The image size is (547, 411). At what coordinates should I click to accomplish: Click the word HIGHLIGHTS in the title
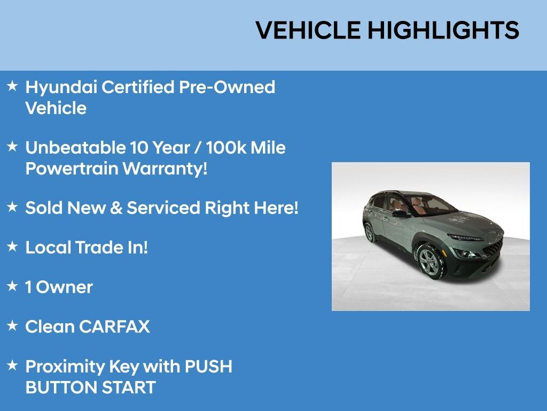coord(443,30)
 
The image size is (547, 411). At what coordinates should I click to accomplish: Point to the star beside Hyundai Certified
coord(12,86)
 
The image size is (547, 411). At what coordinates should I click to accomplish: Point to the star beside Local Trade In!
coord(12,246)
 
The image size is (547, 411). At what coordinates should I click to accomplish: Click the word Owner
coord(65,287)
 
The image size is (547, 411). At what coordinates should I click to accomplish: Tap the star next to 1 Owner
coord(12,286)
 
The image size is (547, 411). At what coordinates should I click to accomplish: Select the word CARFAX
coord(115,326)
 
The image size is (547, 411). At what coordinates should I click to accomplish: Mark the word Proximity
coord(65,367)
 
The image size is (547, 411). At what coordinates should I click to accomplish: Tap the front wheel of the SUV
coord(431,262)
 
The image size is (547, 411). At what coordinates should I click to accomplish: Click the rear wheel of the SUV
coord(369,232)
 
